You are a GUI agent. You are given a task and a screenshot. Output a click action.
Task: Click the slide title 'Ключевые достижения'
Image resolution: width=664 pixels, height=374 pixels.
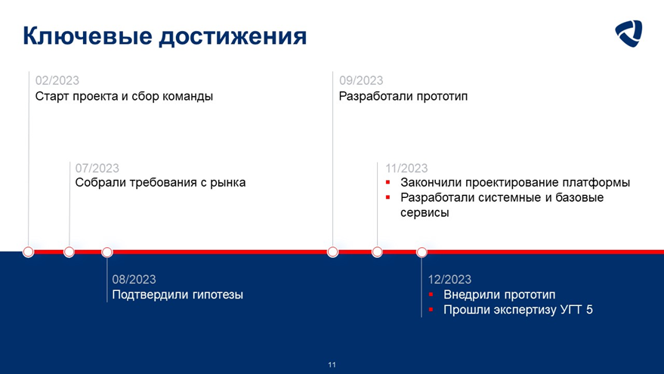coord(164,36)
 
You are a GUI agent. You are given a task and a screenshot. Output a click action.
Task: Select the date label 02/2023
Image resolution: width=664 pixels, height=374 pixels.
coord(57,81)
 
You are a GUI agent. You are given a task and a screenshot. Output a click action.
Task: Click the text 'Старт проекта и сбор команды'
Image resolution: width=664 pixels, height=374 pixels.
coord(124,97)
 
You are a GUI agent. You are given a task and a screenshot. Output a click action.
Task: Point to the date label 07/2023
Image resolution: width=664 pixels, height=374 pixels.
coord(97,168)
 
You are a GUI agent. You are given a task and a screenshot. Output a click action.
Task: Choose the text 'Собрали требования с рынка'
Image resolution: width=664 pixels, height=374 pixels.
coord(160,183)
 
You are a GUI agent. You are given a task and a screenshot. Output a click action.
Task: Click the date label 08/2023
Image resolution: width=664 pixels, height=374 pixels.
coord(134,280)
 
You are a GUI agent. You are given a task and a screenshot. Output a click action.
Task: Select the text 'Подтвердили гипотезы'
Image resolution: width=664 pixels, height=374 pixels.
coord(178,295)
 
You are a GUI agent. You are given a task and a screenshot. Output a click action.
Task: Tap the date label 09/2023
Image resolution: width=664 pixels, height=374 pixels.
coord(360,81)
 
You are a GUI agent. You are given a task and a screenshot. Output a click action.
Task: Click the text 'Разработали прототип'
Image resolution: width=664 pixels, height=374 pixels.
coord(403,97)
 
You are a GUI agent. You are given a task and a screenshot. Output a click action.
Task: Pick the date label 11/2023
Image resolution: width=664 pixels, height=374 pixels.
coord(406,168)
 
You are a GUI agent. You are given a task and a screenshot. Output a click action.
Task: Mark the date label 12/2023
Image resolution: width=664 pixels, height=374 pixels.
coord(449,280)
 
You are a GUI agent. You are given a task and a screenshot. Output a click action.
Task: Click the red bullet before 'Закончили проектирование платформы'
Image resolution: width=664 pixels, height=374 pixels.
coord(388,183)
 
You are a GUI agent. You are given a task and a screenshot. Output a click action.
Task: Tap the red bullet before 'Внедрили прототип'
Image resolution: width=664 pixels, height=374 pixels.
coord(431,295)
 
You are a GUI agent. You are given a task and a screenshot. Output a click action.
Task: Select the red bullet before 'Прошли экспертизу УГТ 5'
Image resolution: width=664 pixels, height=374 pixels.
coord(431,309)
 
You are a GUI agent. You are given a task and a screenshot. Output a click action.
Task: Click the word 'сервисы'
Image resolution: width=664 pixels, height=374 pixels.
coord(425,212)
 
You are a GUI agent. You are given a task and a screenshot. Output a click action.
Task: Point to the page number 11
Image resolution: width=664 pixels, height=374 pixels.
coord(332,365)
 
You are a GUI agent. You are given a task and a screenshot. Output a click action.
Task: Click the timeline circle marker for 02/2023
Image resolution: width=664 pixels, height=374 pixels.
coord(29,252)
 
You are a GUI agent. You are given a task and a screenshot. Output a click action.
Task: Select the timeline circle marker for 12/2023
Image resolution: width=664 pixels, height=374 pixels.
coord(422,252)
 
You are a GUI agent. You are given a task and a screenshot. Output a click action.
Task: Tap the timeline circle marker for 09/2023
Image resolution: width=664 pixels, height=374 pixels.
coord(332,252)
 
